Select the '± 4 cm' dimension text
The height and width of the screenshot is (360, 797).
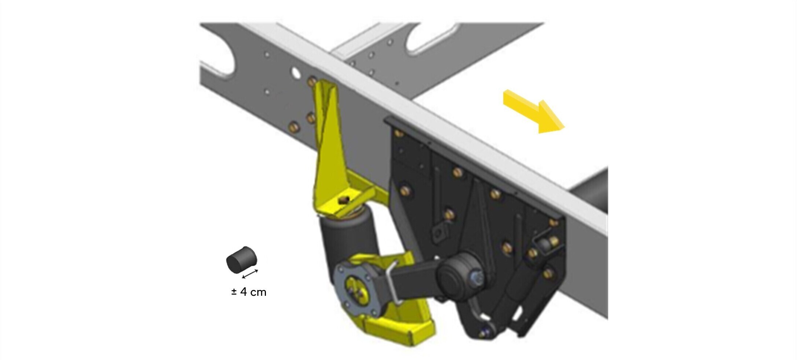pyautogui.click(x=249, y=292)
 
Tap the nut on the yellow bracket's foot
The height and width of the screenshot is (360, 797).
pyautogui.click(x=344, y=200)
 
